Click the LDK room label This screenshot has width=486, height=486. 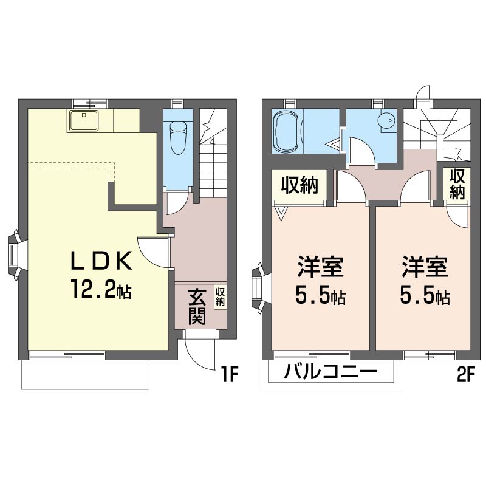click(101, 261)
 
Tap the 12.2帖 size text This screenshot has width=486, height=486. click(101, 289)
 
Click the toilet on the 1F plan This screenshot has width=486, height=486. click(178, 138)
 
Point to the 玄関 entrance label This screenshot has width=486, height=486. click(197, 307)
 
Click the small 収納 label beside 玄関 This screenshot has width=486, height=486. click(220, 297)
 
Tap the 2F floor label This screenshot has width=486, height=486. click(466, 375)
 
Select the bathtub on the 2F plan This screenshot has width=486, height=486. click(287, 131)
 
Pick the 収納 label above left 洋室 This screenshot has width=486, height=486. click(299, 185)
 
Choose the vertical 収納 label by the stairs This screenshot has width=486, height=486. click(457, 184)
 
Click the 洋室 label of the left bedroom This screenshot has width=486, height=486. click(321, 267)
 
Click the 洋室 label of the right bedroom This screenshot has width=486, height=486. click(425, 267)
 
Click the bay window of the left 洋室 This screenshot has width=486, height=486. click(258, 288)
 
